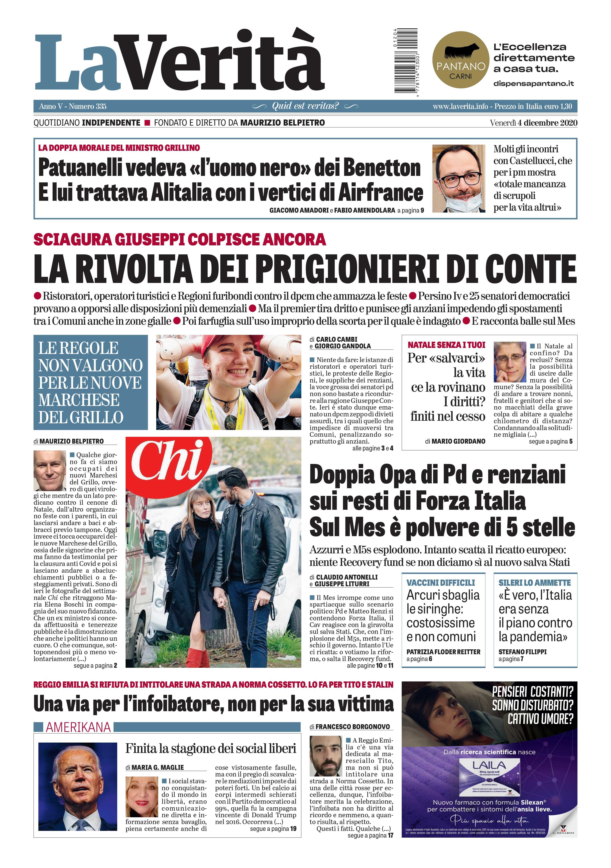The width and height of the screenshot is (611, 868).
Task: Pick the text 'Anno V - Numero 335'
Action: pos(73,106)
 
